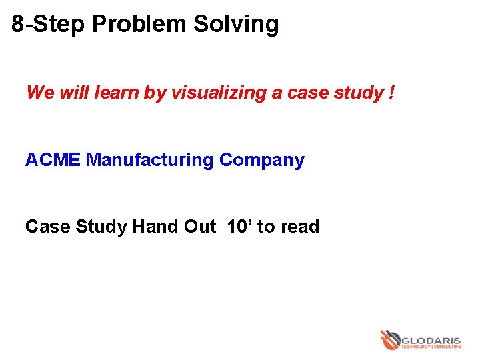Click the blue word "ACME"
tap(53, 160)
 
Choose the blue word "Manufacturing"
tap(150, 160)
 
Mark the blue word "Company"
tap(262, 160)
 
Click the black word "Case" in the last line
tap(47, 227)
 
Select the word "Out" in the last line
tap(199, 227)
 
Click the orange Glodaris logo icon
tap(390, 339)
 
